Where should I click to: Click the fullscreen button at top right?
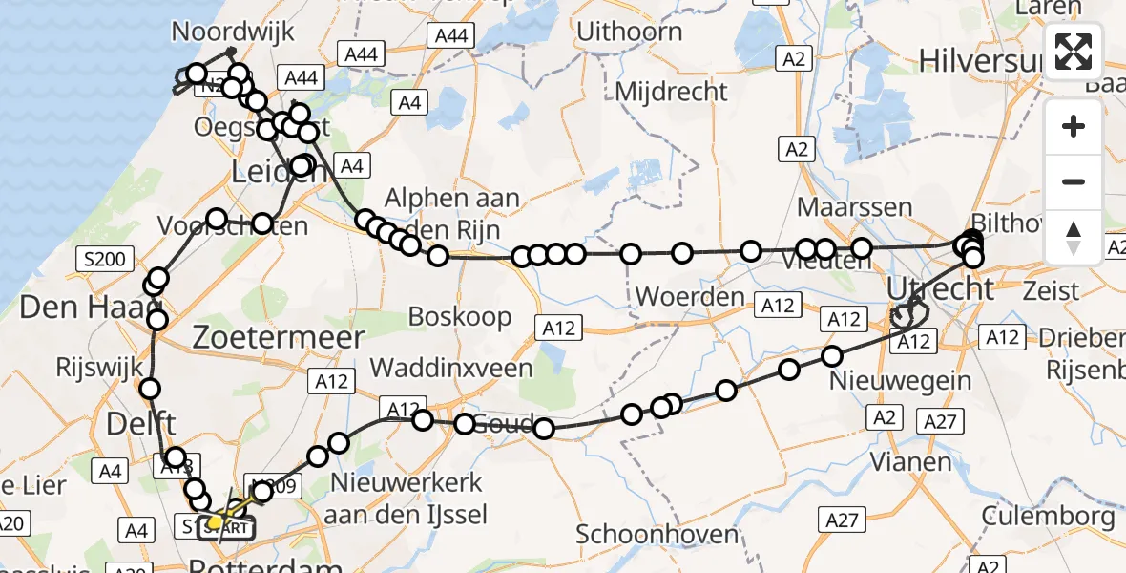click(x=1074, y=52)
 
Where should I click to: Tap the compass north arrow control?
click(x=1074, y=238)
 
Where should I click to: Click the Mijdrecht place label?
click(x=672, y=92)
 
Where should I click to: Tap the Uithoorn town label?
click(x=629, y=32)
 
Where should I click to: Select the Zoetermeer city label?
click(x=278, y=337)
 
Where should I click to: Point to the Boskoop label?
click(x=459, y=316)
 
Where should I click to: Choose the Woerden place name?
click(x=689, y=296)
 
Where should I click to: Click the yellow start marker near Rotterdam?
click(x=217, y=521)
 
